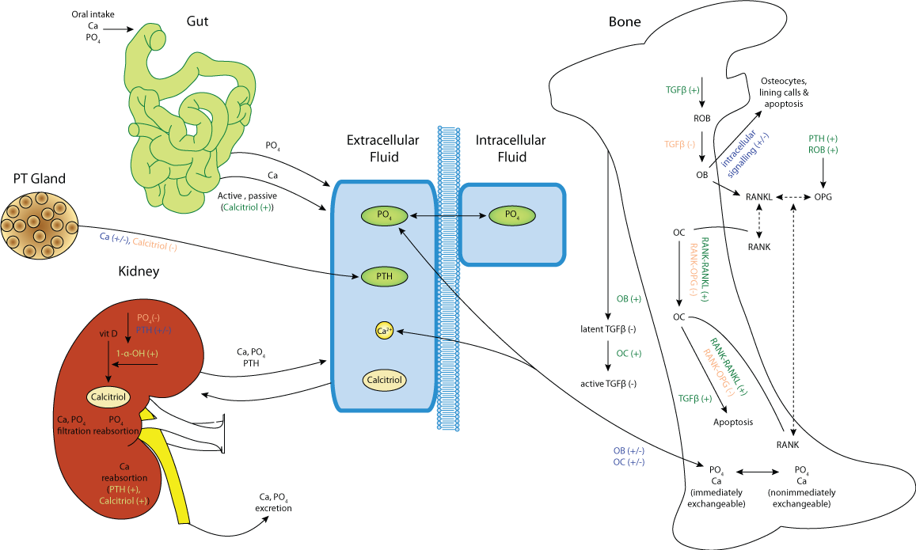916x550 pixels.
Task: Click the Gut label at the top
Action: (198, 21)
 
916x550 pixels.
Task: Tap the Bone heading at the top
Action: (625, 22)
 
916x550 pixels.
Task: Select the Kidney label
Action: (139, 271)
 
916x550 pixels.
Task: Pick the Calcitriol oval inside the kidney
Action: (108, 396)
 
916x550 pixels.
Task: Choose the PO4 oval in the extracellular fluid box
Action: (384, 215)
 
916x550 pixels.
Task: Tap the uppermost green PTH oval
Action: (384, 277)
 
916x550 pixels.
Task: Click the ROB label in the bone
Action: (701, 119)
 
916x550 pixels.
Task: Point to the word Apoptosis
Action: (733, 422)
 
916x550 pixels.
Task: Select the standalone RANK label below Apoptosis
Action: (788, 445)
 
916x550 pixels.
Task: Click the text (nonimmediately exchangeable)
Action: (801, 498)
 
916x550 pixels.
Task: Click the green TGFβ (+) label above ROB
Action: (682, 90)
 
